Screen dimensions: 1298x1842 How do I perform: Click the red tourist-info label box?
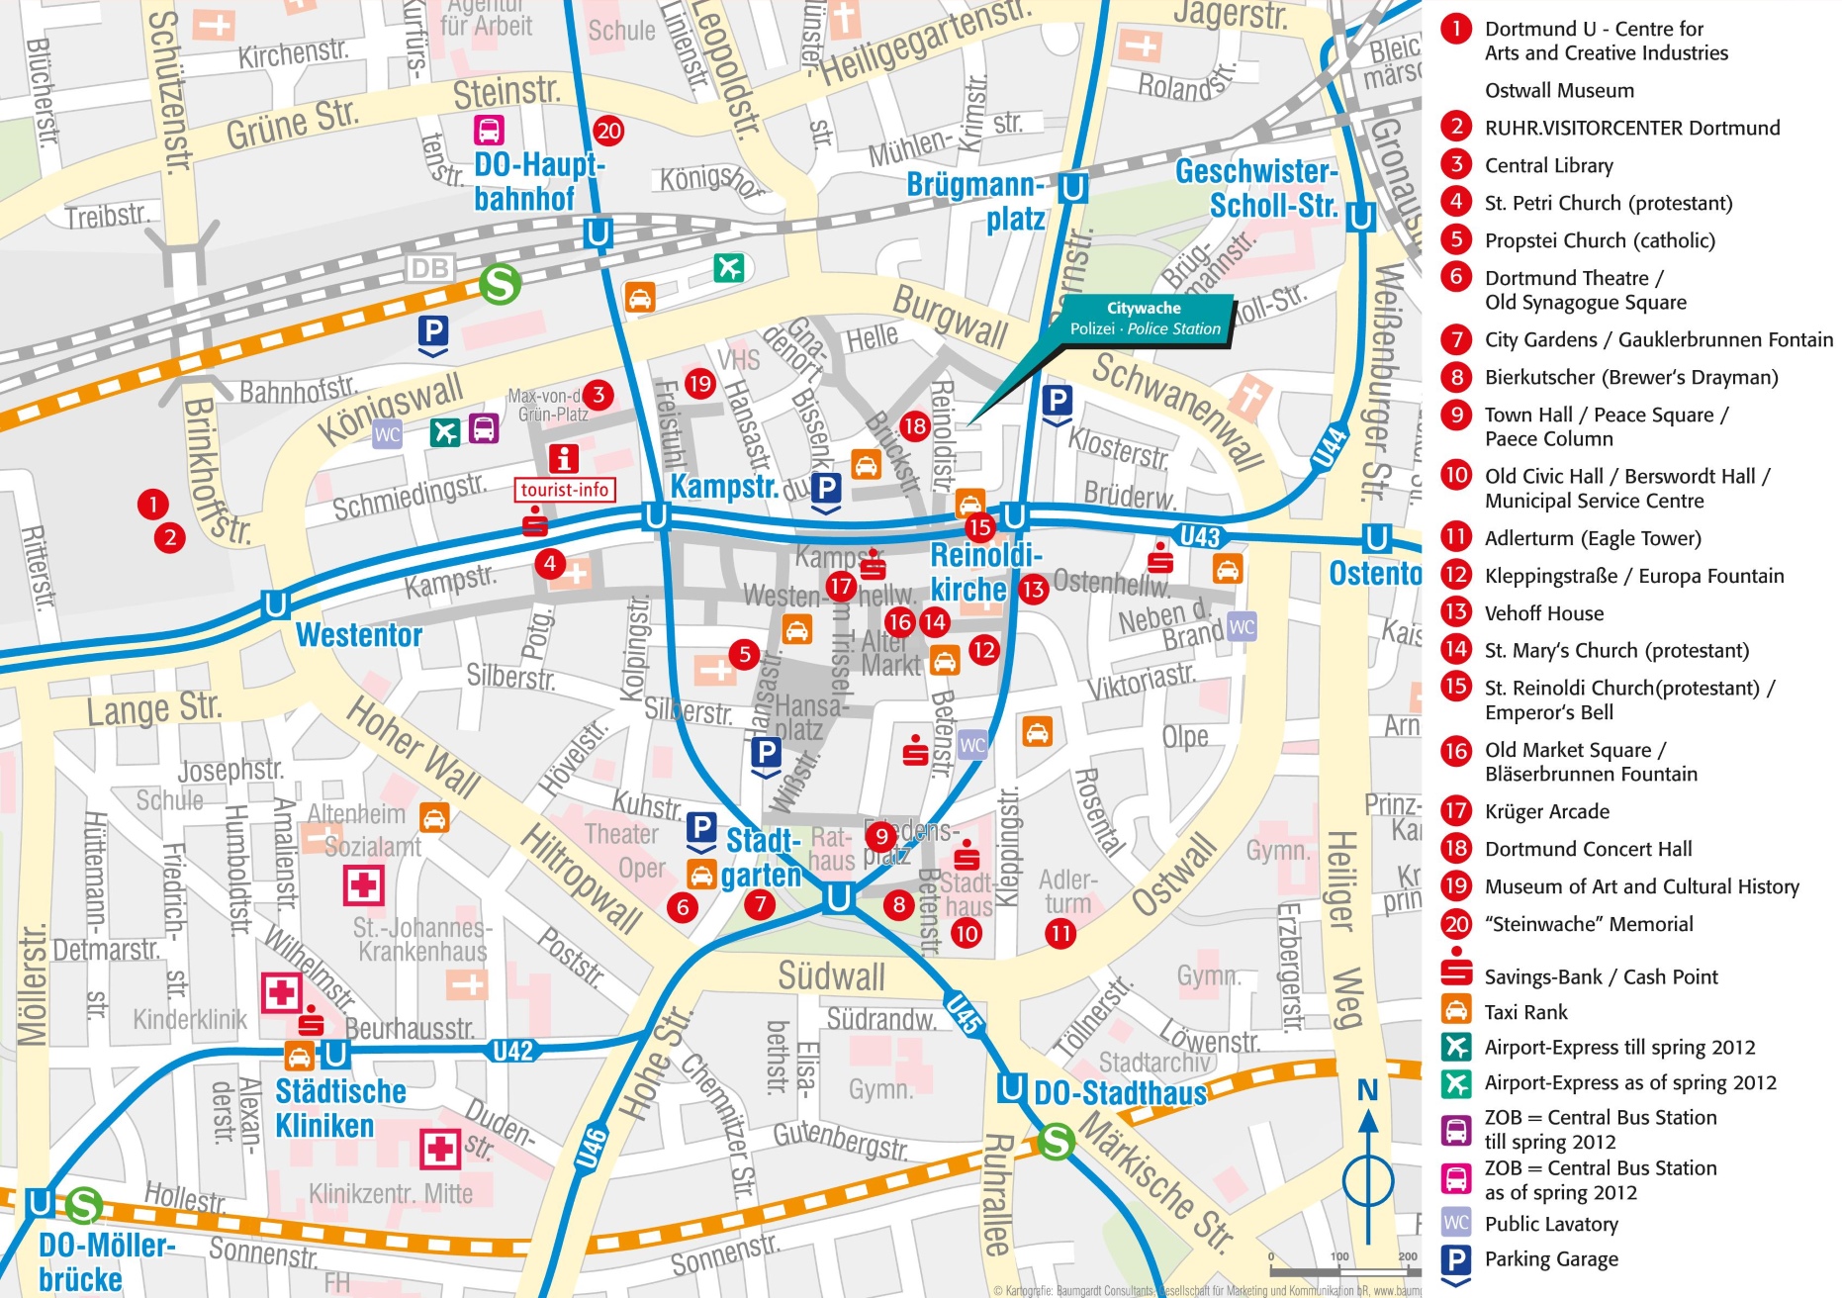click(565, 490)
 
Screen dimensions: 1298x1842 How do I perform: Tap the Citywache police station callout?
click(1145, 319)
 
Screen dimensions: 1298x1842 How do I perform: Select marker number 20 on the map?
click(608, 131)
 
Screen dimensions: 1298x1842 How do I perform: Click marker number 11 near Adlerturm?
click(1060, 933)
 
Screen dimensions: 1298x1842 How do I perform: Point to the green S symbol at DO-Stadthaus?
click(1057, 1142)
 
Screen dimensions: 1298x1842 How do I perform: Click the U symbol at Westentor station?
click(275, 603)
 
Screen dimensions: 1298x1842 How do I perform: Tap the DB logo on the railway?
click(430, 268)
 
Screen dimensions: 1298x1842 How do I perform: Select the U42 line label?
click(512, 1052)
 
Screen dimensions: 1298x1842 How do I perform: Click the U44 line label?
click(1330, 447)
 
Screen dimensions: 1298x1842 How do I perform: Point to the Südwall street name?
click(831, 976)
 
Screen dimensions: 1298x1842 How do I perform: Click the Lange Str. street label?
click(153, 708)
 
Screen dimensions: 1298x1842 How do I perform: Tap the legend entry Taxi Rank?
click(1525, 1012)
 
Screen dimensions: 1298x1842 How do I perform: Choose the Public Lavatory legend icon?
click(1456, 1223)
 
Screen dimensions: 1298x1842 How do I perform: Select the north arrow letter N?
click(1367, 1090)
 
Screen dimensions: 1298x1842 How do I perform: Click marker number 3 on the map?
click(598, 395)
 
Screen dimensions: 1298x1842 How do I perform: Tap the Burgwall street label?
click(950, 317)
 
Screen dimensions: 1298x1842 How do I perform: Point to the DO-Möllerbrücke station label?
click(104, 1261)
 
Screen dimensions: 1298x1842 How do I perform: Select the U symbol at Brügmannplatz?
click(1072, 187)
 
